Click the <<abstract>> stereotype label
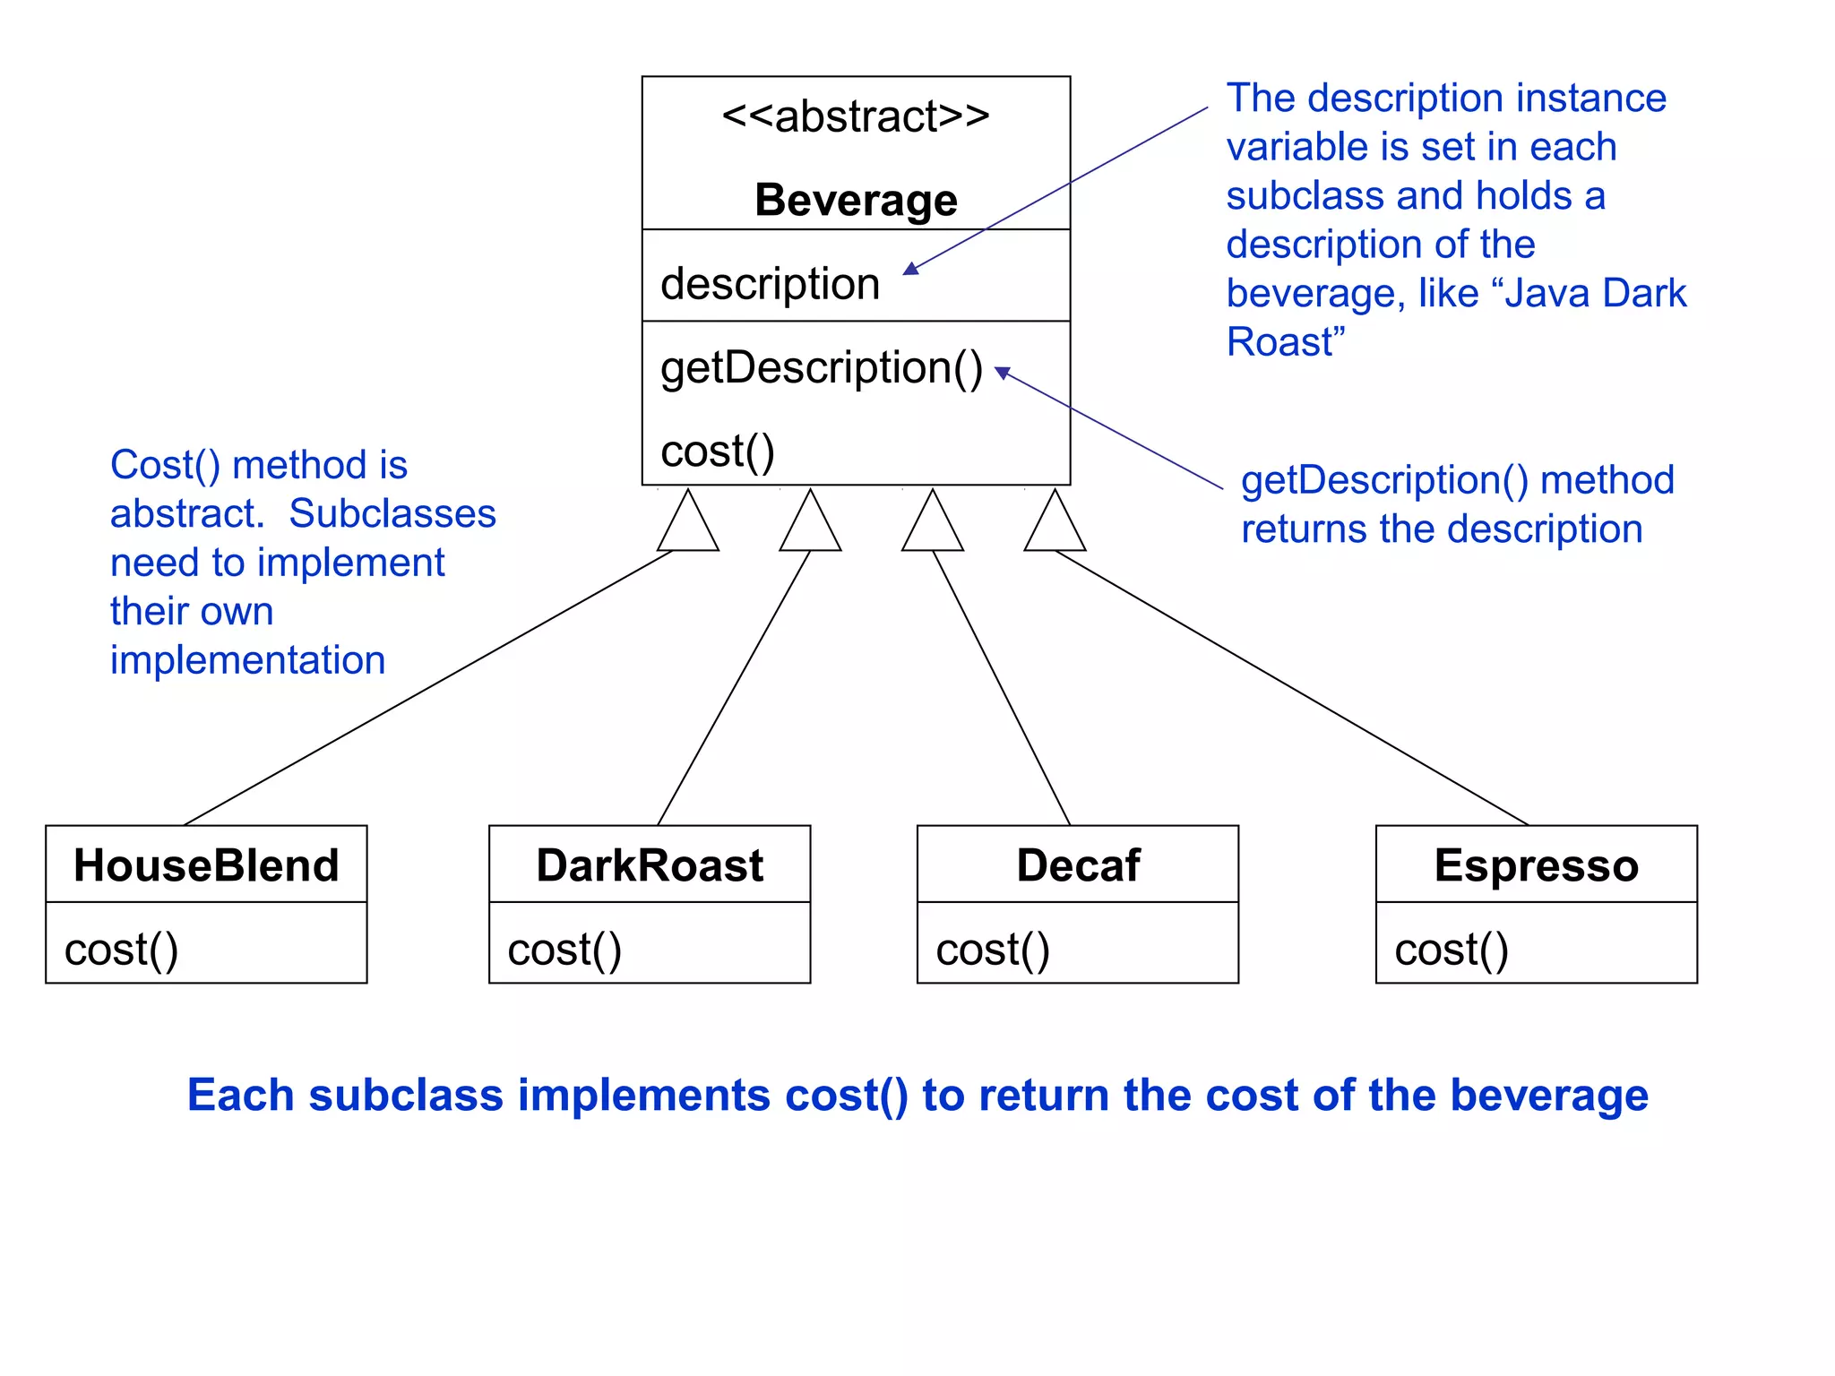(x=856, y=116)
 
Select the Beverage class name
(x=856, y=200)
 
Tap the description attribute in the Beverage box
(x=770, y=284)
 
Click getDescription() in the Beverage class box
(x=821, y=368)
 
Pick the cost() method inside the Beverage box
(x=717, y=451)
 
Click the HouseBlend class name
(x=206, y=865)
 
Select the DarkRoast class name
(x=650, y=865)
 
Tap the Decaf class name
(x=1078, y=865)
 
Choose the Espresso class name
(x=1536, y=865)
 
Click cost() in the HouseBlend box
(x=121, y=950)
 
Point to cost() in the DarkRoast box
(x=564, y=950)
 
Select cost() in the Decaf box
(x=993, y=950)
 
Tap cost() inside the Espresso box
(x=1452, y=950)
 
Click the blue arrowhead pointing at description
(x=911, y=269)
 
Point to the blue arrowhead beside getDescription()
(x=1003, y=372)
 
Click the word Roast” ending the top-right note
(x=1285, y=342)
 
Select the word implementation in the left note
(x=247, y=660)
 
